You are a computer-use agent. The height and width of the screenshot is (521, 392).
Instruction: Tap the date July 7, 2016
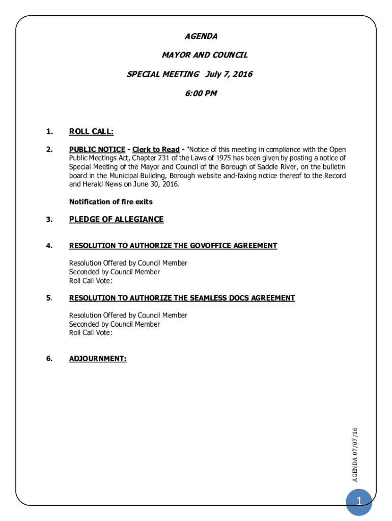pyautogui.click(x=229, y=74)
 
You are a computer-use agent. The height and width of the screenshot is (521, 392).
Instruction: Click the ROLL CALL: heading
pyautogui.click(x=91, y=132)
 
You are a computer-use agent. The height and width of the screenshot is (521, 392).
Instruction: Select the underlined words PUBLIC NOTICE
pyautogui.click(x=97, y=150)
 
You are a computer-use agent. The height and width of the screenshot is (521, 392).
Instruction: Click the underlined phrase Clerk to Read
pyautogui.click(x=156, y=150)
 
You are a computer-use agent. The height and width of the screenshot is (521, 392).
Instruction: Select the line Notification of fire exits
pyautogui.click(x=111, y=202)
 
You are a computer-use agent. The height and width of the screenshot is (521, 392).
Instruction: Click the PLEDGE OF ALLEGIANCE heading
pyautogui.click(x=117, y=219)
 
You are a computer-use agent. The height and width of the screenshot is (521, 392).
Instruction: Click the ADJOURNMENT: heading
pyautogui.click(x=98, y=359)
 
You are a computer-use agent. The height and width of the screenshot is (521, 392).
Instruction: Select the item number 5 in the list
pyautogui.click(x=49, y=298)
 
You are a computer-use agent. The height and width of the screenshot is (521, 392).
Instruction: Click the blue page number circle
pyautogui.click(x=358, y=503)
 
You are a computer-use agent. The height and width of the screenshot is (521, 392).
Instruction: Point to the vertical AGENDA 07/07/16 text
pyautogui.click(x=355, y=455)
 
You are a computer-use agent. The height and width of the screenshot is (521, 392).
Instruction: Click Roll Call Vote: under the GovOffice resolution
pyautogui.click(x=91, y=280)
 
